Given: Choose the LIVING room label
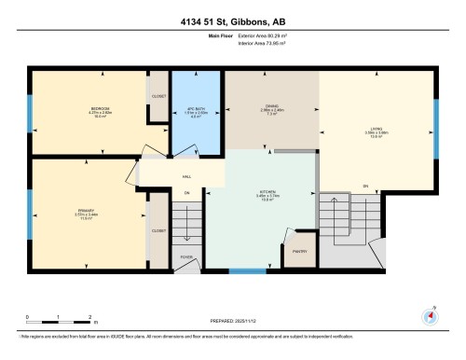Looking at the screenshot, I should (x=376, y=131).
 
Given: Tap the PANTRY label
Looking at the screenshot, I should (x=300, y=251).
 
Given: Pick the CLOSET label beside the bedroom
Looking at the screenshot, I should (x=158, y=95).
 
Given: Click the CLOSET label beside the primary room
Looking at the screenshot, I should (x=158, y=229).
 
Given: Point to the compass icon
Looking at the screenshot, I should (x=430, y=314).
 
